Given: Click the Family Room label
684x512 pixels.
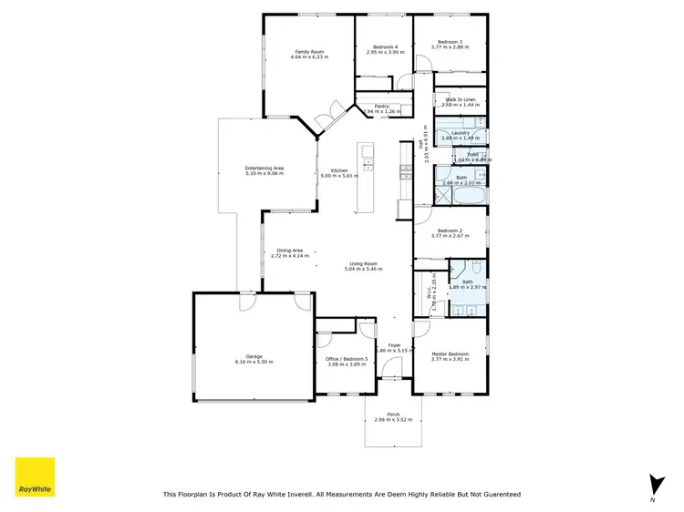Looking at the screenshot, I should pos(309,51).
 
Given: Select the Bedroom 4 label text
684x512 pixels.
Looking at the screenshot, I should pos(383,46).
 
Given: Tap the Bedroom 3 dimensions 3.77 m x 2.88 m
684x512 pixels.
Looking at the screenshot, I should pos(450,47).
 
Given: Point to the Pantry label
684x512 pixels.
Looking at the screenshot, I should pos(381,107).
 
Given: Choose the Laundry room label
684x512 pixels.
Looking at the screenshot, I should pos(460,133).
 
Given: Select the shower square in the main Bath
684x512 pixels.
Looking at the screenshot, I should pos(441,175).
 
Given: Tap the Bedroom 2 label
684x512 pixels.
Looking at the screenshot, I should pos(450,230).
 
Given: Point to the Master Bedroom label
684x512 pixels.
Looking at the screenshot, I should pos(450,353).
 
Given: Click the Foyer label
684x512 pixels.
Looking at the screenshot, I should pos(394,344).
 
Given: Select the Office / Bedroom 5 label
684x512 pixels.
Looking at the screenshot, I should pos(347,358).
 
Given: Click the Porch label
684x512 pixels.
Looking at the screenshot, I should pos(393,415).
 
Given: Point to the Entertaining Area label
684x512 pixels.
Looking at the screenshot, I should pos(265,168).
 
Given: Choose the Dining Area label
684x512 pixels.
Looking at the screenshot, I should pos(290,251).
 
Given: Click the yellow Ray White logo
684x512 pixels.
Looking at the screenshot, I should pos(35,476).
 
